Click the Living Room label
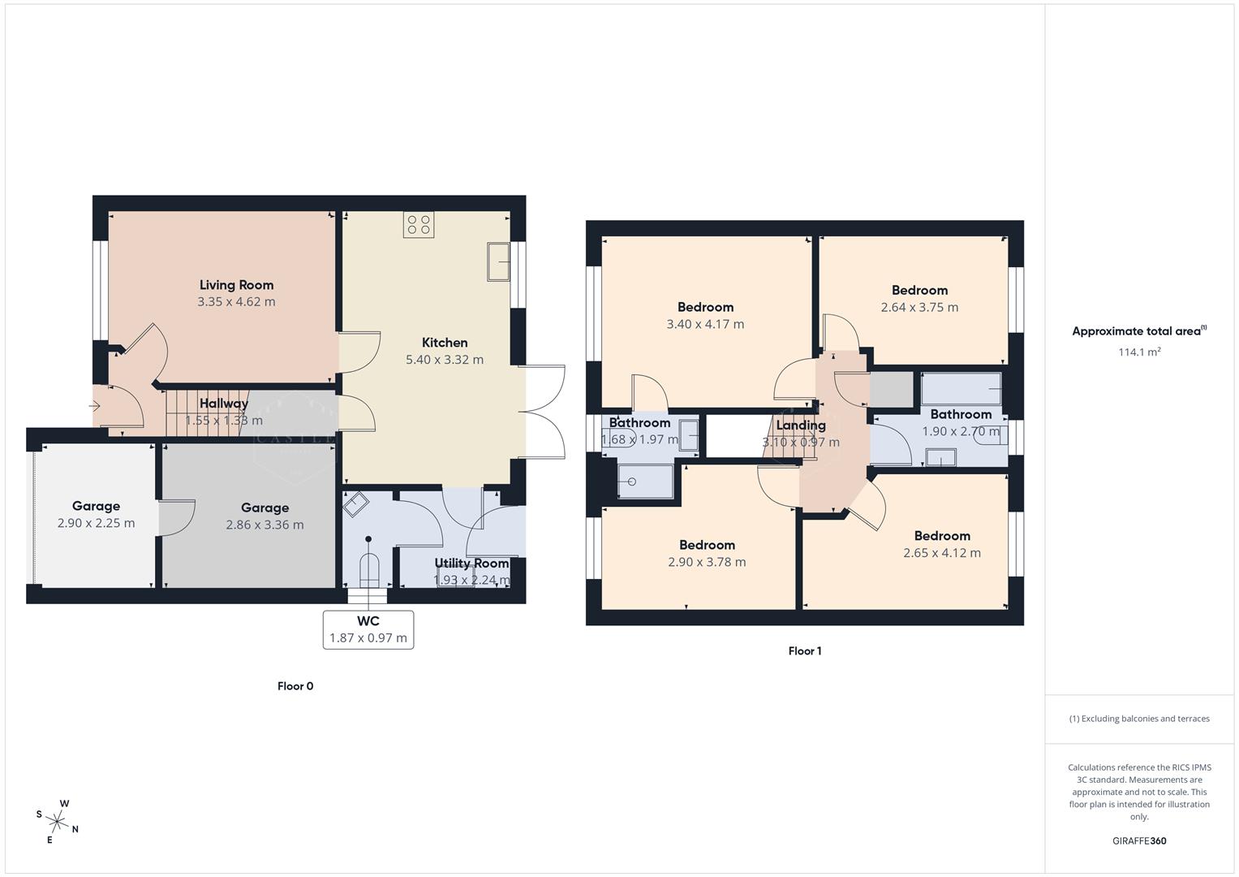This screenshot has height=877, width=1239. click(236, 285)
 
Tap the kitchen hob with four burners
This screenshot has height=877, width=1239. click(419, 225)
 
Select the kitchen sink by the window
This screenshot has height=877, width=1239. click(498, 261)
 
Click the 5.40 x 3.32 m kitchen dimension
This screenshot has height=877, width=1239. click(445, 360)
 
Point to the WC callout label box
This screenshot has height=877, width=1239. click(368, 629)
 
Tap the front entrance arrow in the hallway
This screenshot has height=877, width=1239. click(95, 405)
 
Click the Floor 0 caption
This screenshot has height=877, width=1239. click(295, 686)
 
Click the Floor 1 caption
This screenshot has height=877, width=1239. click(805, 651)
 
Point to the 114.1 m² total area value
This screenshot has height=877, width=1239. click(1139, 352)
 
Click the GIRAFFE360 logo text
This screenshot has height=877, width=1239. click(1139, 841)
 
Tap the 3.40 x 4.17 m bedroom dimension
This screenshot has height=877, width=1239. click(705, 324)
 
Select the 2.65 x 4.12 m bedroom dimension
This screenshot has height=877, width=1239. click(942, 553)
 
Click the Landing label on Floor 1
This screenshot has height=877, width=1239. click(801, 426)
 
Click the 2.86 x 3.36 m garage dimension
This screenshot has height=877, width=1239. click(265, 525)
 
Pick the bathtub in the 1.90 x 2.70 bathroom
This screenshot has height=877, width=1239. click(961, 389)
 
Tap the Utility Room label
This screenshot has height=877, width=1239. click(471, 564)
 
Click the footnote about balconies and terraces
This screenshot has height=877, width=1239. click(1139, 719)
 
